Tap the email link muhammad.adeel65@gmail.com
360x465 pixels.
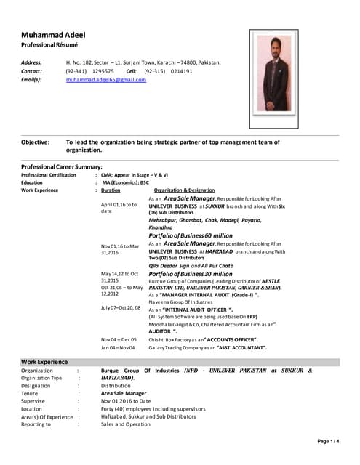(106, 80)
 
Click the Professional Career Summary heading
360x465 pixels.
(61, 166)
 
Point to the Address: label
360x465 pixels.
(32, 62)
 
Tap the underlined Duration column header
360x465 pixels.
(111, 190)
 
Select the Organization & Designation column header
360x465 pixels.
(179, 190)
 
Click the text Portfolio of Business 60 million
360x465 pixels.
(191, 236)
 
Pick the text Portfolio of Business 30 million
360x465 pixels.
(191, 273)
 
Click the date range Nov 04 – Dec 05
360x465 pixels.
(119, 339)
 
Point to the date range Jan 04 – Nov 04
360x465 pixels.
(119, 348)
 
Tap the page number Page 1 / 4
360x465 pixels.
(328, 440)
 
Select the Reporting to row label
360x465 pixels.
(36, 424)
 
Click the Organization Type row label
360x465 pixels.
(41, 378)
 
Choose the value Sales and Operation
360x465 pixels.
(126, 424)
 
